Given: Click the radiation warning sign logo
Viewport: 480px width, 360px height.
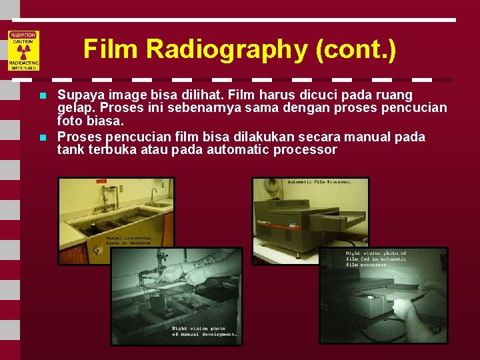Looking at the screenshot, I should [x=23, y=50].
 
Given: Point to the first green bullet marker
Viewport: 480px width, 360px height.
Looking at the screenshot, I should [x=42, y=96].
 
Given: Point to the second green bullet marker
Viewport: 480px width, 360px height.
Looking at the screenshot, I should [x=42, y=137].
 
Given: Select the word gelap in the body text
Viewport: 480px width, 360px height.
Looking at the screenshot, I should [x=73, y=108].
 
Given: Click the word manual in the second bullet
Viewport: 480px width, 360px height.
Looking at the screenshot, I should [x=375, y=137].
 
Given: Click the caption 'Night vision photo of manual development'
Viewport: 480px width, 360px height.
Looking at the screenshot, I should [x=204, y=331].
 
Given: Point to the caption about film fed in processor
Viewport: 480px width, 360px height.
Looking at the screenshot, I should [x=376, y=259].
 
